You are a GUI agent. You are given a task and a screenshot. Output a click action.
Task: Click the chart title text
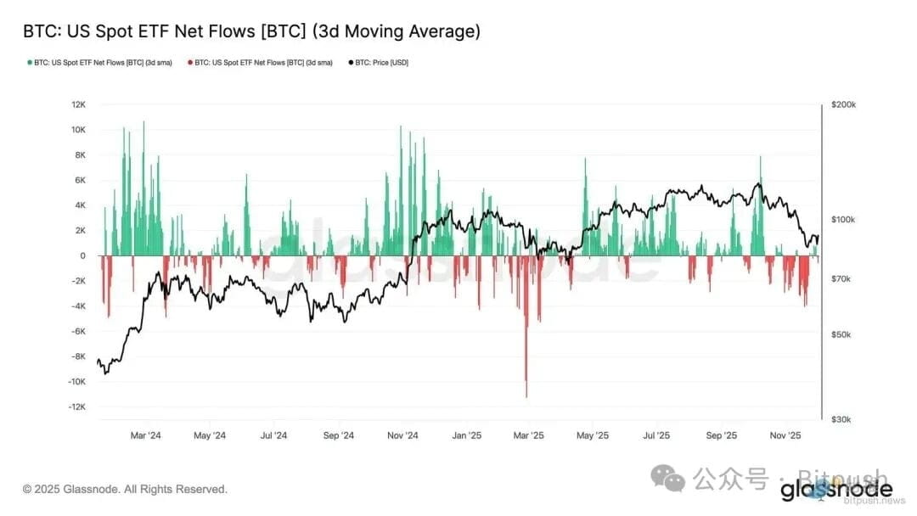[251, 31]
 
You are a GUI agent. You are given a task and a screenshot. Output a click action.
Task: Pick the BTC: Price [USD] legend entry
[379, 63]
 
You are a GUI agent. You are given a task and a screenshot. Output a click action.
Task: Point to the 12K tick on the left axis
[78, 104]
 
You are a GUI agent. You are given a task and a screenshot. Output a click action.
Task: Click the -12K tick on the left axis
[76, 407]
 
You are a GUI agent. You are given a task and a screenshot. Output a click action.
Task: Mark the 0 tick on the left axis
[82, 255]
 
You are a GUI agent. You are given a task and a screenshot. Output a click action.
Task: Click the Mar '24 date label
[145, 435]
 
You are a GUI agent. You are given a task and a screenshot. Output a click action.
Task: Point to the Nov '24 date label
[402, 435]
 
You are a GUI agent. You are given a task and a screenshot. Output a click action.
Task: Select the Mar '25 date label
[528, 435]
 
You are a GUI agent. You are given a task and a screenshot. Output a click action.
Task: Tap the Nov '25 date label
[785, 435]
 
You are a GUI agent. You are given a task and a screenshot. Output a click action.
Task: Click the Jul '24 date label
[273, 435]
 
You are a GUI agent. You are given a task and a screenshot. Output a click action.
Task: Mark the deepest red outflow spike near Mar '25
[526, 392]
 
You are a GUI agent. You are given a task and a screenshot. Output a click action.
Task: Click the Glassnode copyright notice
[125, 489]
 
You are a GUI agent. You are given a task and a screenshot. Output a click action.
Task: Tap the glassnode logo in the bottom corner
[836, 490]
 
